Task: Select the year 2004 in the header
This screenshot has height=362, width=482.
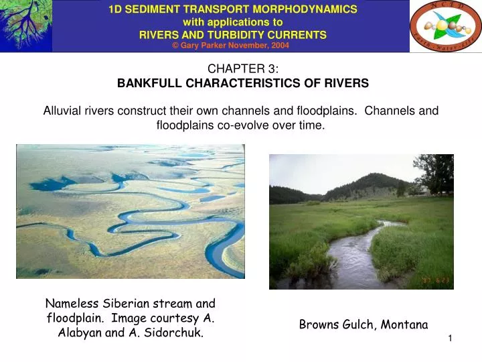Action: tap(278, 46)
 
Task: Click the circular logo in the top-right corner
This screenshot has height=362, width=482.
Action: tap(445, 26)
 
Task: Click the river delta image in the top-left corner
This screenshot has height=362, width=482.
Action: tap(25, 25)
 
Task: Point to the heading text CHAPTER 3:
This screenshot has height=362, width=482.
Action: tap(243, 69)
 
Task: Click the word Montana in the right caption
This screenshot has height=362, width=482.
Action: tap(404, 324)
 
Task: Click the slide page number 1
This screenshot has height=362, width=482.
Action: tap(451, 339)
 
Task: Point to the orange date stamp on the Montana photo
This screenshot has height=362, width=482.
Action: tap(435, 280)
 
